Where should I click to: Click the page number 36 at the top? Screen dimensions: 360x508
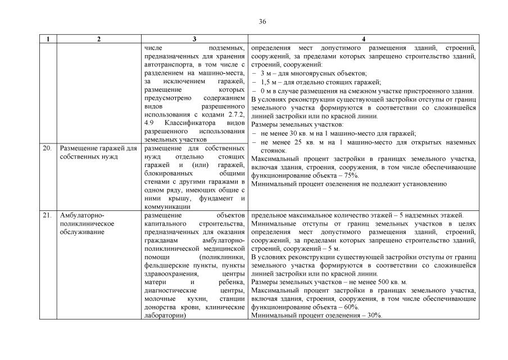click(262, 22)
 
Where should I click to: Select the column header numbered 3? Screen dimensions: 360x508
click(194, 39)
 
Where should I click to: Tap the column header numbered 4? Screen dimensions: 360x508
click(364, 39)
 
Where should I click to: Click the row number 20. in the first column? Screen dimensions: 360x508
click(48, 148)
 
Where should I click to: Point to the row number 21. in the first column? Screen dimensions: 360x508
click(48, 215)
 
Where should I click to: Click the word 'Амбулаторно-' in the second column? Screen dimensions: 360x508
click(82, 215)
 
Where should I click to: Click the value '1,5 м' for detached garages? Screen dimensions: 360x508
click(269, 82)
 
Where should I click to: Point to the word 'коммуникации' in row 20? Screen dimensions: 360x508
click(167, 206)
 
